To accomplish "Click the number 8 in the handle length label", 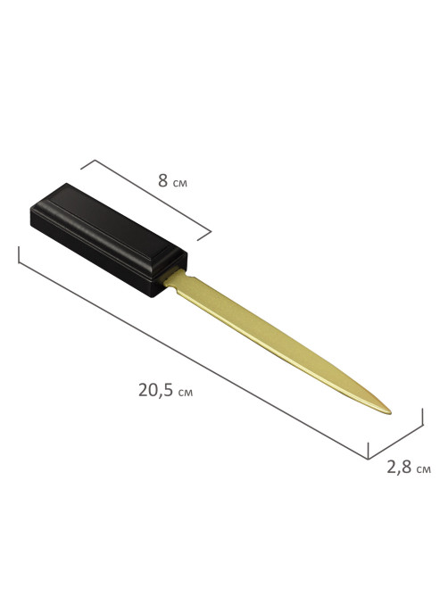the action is tap(163, 180).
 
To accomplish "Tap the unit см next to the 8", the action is tap(180, 184).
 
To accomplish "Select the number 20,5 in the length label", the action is tap(156, 390).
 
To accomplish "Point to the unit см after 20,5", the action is tap(186, 393).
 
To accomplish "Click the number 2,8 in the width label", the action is tap(399, 468).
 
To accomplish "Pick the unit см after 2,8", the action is tap(424, 469).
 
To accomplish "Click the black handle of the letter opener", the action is tap(109, 240).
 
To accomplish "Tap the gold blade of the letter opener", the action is tap(274, 339).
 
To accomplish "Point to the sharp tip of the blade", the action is tap(391, 412).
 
